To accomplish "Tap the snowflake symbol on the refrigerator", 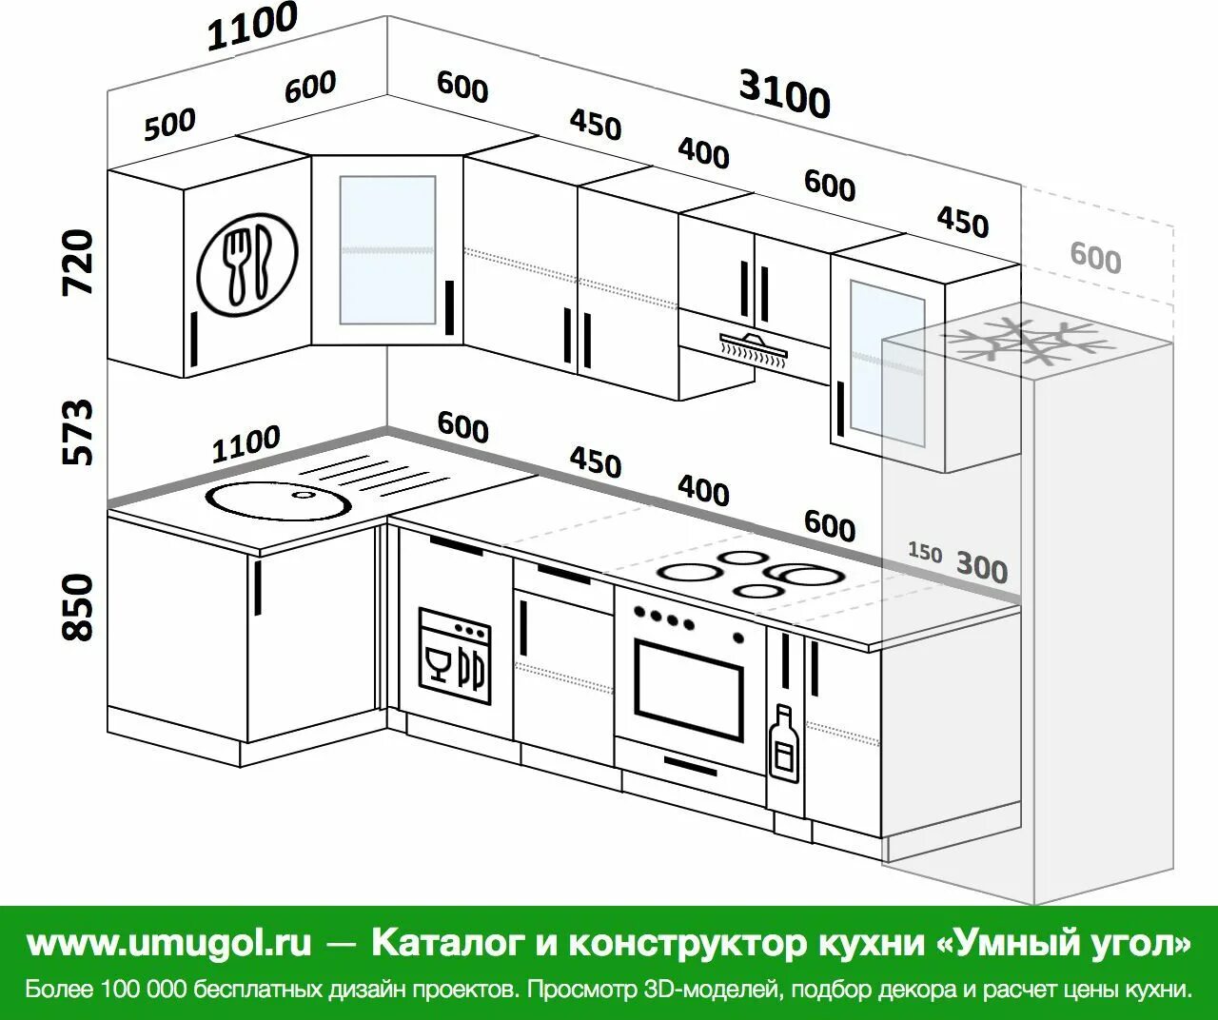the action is tap(1027, 343).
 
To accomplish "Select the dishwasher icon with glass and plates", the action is tap(455, 657).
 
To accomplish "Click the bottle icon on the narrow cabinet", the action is tap(785, 744).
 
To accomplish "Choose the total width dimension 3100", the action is tap(784, 95).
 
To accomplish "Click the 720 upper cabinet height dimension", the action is tap(78, 262).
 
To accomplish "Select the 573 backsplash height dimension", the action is tap(78, 432).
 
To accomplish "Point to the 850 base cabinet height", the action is tap(78, 606).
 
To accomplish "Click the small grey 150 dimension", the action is tap(924, 552).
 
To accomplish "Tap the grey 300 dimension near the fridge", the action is tap(981, 568).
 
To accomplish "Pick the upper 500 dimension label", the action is tap(169, 124).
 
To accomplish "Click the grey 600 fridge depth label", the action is tap(1095, 257).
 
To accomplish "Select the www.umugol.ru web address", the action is tap(169, 942).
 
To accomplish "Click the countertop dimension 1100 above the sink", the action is tap(246, 443).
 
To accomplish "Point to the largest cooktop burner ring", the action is tap(805, 574).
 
